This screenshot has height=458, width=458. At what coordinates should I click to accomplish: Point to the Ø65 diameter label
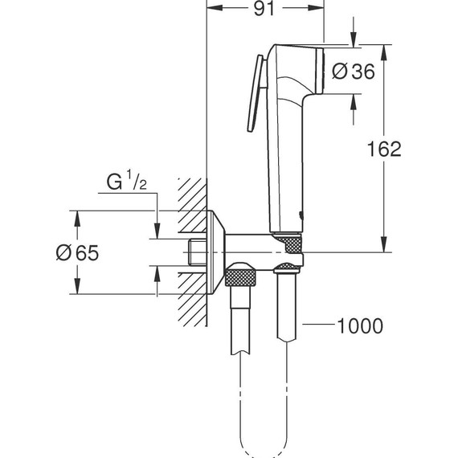(x=77, y=253)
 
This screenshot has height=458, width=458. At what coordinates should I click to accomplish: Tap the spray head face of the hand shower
(x=321, y=72)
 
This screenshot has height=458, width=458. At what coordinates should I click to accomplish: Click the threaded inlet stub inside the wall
(x=194, y=252)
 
